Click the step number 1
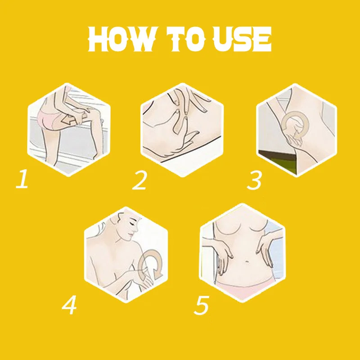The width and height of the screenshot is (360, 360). click(x=22, y=179)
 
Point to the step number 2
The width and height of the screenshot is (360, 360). click(x=139, y=180)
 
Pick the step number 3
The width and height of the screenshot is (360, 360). click(x=254, y=180)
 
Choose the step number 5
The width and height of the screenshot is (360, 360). click(x=202, y=305)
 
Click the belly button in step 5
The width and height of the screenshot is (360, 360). click(x=246, y=261)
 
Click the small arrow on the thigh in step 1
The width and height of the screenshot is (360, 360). click(x=69, y=119)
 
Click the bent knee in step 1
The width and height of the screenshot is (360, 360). click(x=93, y=112)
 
